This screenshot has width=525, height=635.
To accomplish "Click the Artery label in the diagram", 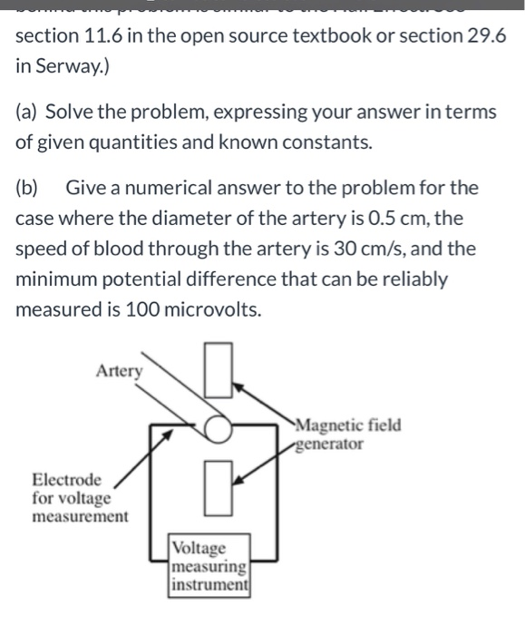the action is click(119, 370).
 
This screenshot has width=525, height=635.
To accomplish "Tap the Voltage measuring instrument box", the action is click(209, 566).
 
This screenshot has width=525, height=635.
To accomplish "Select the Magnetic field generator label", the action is click(347, 435).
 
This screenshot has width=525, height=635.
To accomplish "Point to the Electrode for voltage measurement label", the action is click(80, 498).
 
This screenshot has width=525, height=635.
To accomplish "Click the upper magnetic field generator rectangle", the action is click(219, 369).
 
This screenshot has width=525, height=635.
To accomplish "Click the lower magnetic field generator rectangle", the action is click(219, 487).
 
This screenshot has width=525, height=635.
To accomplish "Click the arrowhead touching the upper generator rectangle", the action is click(238, 386).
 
